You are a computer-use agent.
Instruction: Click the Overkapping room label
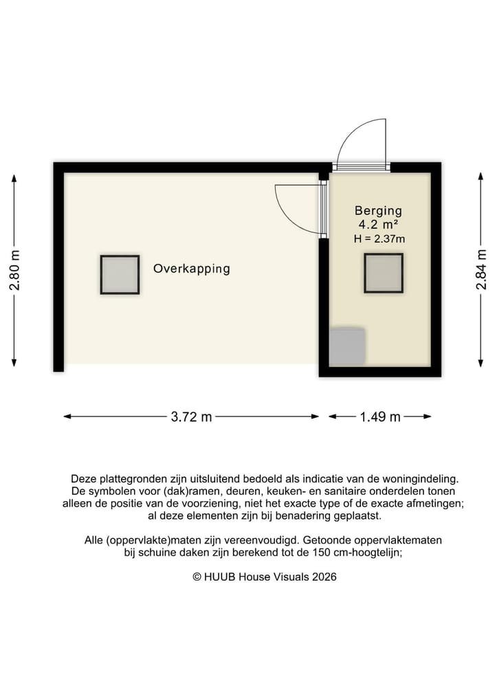(x=191, y=269)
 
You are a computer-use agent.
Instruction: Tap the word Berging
(x=378, y=211)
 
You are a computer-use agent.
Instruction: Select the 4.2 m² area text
(x=378, y=225)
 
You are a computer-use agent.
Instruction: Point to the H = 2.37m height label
(x=379, y=239)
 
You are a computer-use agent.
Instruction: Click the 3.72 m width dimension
(x=191, y=417)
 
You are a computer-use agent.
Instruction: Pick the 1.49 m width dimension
(x=380, y=417)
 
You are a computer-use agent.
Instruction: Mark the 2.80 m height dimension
(x=14, y=269)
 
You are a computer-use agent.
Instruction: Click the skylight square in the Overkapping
(x=120, y=274)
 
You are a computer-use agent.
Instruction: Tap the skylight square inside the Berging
(x=383, y=273)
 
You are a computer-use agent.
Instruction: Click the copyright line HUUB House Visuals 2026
(x=264, y=577)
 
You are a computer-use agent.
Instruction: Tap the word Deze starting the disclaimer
(x=83, y=478)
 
